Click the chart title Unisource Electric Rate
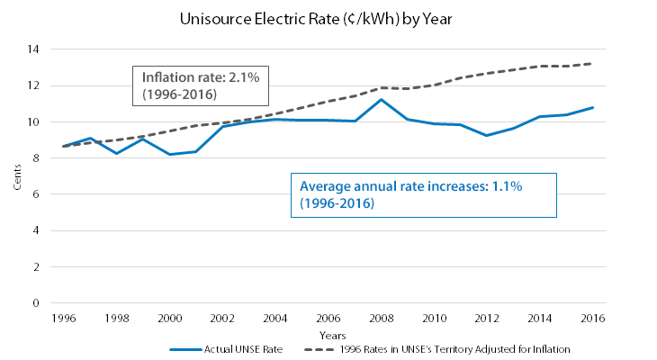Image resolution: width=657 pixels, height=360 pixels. pos(328,19)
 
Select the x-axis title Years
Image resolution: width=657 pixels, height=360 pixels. pos(328,335)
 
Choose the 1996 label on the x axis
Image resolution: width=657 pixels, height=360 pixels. pos(62,319)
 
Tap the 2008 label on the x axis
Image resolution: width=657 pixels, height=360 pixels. pos(382,319)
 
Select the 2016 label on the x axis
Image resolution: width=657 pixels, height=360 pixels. pos(594,319)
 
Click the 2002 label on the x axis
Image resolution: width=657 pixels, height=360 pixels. pos(221,319)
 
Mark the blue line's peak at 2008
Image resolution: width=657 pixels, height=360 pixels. pos(382,99)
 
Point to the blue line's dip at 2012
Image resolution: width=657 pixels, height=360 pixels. pos(488,135)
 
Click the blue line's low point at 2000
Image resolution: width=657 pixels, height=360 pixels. pos(168,154)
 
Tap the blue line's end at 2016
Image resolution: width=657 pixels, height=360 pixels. pos(594,107)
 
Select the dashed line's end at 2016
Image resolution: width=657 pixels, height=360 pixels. pos(594,63)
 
